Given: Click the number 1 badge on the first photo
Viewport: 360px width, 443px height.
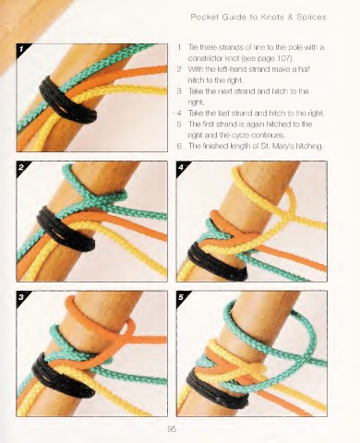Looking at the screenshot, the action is [x=21, y=49].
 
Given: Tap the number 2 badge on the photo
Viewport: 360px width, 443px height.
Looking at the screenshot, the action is [x=21, y=167].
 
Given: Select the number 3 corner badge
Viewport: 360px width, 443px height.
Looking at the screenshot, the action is [x=21, y=296].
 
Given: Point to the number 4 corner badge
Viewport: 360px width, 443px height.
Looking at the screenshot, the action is [x=181, y=167].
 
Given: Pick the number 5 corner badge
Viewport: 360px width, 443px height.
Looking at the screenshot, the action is [x=181, y=296].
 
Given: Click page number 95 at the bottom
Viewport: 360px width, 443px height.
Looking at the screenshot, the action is [x=172, y=429].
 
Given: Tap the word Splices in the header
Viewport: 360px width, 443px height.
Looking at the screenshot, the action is [x=311, y=17].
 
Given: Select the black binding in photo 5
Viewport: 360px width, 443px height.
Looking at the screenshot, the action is [x=217, y=389].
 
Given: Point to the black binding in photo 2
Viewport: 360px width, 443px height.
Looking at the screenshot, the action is [x=66, y=229].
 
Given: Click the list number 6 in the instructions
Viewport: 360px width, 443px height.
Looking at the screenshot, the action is [x=179, y=146].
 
